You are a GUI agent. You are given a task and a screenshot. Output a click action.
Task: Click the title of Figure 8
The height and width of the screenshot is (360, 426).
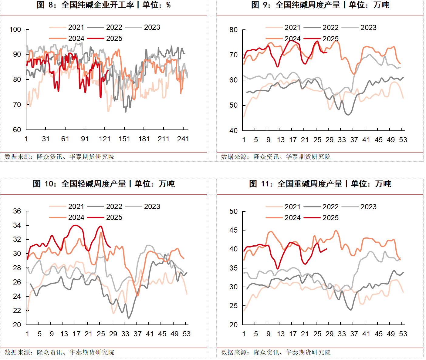point(103,5)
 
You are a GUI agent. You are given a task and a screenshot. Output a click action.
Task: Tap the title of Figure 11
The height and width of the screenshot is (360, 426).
point(320,184)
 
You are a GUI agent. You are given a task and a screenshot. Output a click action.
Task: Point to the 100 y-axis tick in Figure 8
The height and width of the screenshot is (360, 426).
point(15,29)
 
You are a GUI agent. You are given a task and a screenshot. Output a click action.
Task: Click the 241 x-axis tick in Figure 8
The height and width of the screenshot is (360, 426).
point(183,139)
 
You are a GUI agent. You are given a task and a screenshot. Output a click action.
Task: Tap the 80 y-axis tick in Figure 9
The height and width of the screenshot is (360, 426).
point(233,30)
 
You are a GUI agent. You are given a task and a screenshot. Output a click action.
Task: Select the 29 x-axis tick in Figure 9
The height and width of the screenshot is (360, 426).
point(330,140)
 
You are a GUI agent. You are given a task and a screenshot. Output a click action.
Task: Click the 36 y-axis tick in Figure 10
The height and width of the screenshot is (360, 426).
point(17,211)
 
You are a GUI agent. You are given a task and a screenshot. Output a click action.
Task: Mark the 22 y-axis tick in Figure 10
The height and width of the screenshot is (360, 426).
point(17,311)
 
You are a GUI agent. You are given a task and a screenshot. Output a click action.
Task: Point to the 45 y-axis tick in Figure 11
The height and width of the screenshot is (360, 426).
point(233,230)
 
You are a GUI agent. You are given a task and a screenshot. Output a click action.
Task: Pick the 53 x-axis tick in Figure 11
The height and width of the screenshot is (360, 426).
point(403,334)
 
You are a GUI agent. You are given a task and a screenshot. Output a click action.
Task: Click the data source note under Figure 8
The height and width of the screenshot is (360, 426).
point(59,157)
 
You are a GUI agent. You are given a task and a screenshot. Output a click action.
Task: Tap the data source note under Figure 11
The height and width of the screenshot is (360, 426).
point(276,352)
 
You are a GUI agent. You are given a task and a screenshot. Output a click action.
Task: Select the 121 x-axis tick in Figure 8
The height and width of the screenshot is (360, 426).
point(105,139)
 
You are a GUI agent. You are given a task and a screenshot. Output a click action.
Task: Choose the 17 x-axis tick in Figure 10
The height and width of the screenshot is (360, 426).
point(76,334)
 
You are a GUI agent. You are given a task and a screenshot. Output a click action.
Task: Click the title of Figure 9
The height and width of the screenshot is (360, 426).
point(320,5)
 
